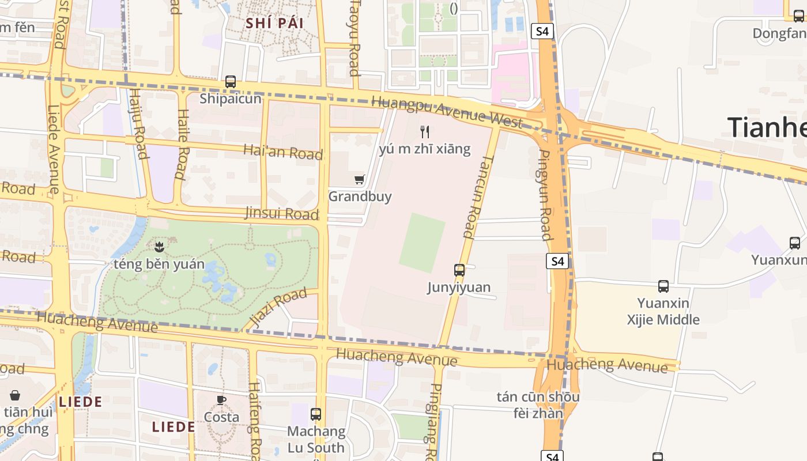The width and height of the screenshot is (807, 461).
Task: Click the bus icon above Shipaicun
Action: [x=231, y=82]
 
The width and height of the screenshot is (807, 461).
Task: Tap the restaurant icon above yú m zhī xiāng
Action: [x=425, y=132]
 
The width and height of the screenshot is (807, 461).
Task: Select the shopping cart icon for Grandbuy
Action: [x=360, y=179]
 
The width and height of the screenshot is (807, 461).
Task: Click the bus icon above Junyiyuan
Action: [x=459, y=270]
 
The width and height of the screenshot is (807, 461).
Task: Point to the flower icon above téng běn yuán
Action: [x=159, y=247]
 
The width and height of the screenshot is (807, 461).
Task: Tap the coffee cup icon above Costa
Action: [x=221, y=399]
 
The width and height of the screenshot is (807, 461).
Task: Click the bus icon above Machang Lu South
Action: [x=316, y=414]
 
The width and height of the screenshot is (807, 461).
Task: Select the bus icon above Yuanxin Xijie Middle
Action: [x=663, y=286]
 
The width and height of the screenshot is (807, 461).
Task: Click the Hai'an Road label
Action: [x=282, y=152]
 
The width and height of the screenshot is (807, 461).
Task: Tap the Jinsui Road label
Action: [x=282, y=214]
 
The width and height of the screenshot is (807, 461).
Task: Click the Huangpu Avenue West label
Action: [x=447, y=111]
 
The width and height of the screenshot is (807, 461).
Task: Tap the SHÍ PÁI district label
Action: [x=274, y=23]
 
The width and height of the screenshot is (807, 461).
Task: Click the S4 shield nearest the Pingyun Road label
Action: [x=557, y=262]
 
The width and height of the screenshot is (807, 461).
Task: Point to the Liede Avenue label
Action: [x=54, y=150]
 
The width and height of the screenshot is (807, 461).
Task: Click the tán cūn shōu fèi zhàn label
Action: [x=538, y=405]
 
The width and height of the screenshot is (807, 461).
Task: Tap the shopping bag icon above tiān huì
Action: [x=15, y=395]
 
